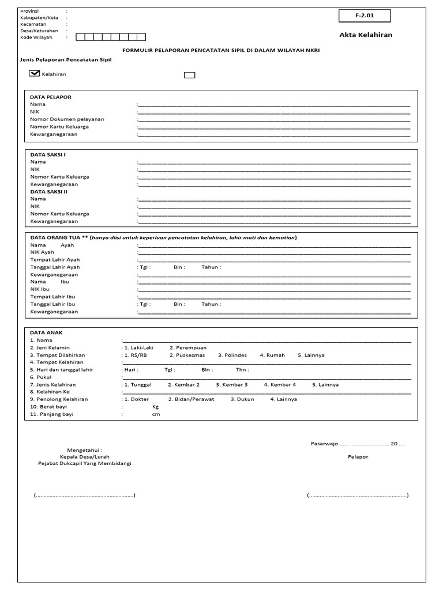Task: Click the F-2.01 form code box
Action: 365,16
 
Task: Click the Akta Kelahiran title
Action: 366,35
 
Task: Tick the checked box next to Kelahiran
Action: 34,74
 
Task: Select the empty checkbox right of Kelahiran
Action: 189,74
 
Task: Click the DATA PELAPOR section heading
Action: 51,97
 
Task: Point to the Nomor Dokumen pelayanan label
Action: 67,119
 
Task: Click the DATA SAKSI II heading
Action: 50,191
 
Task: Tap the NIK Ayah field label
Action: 42,252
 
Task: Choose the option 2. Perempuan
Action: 188,348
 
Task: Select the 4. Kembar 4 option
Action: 280,384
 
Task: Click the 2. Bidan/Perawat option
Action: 192,399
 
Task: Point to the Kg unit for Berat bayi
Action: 155,407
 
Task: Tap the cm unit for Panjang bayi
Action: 155,414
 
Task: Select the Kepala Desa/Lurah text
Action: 88,456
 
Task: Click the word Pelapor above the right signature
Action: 358,456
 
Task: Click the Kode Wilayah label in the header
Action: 36,37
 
